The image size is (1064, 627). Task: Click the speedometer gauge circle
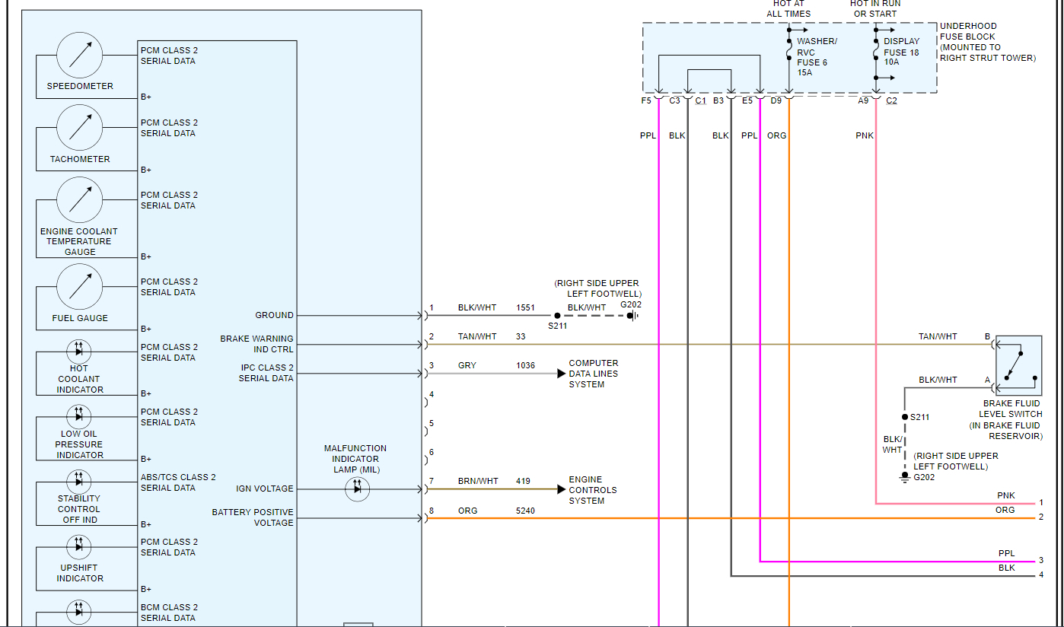[x=80, y=55]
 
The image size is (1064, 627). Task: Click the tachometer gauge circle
[x=80, y=127]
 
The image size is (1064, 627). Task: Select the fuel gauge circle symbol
[x=80, y=286]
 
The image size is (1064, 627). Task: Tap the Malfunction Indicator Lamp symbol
[x=358, y=489]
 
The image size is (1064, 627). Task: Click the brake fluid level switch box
[x=1018, y=365]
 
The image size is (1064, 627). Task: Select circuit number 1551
[x=526, y=308]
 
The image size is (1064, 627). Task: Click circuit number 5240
[x=526, y=511]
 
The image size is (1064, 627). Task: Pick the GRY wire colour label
[x=467, y=366]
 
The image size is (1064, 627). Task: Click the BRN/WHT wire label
[x=478, y=482]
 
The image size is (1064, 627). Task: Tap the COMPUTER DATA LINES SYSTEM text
[x=594, y=374]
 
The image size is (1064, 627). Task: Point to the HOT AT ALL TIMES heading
[x=788, y=8]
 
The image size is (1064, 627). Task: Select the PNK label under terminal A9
[x=865, y=136]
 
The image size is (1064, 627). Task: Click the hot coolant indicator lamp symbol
[x=78, y=351]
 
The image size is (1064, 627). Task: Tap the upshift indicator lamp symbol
[x=78, y=546]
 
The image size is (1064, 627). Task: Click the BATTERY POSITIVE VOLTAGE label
[x=253, y=517]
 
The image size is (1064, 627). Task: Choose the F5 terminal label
[x=646, y=100]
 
